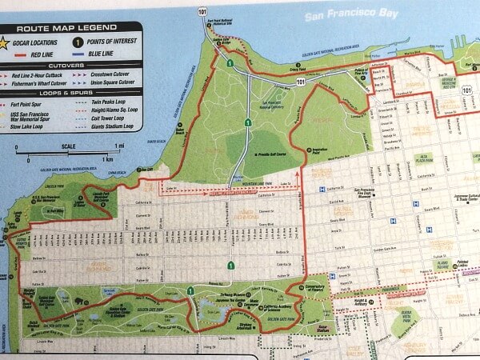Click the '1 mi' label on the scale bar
click(119, 146)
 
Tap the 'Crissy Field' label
click(299, 69)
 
